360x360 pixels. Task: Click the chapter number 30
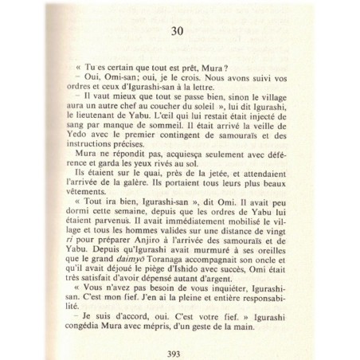[x=178, y=32]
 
